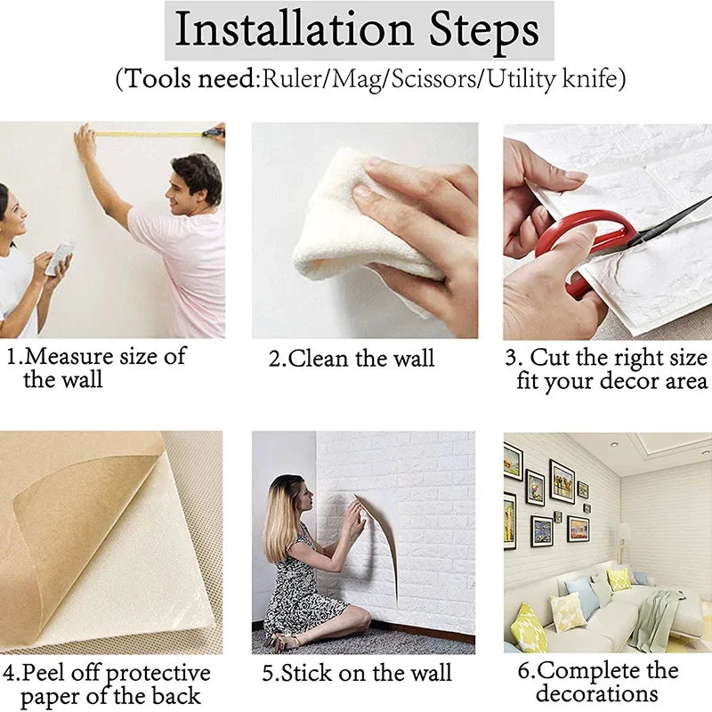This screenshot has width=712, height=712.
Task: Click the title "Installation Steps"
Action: (357, 30)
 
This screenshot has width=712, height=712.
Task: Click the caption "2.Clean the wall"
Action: (352, 360)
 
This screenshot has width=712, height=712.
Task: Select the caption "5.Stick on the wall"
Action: (360, 673)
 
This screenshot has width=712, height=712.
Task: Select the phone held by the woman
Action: (59, 258)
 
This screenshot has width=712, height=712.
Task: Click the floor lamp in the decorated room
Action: (624, 543)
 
